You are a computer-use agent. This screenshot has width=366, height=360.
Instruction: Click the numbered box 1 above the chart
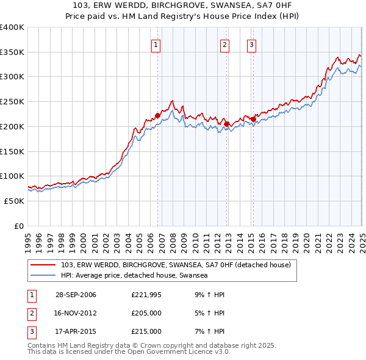coord(156,44)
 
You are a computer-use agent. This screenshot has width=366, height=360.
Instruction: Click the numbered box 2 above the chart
coord(224,44)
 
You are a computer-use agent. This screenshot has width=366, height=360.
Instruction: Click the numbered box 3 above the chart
coord(251,44)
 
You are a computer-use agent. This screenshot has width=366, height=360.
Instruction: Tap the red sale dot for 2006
coord(157,115)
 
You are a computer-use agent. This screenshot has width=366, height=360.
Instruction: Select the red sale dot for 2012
coord(227,124)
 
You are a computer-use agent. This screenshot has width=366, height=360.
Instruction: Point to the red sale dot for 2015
coord(254,119)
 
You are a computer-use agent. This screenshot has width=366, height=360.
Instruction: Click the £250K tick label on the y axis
coord(12,101)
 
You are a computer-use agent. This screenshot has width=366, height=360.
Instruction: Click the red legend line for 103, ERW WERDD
coord(43,265)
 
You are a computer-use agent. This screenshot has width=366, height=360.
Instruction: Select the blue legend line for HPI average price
coord(43,276)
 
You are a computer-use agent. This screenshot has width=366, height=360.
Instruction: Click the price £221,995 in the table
coord(146,295)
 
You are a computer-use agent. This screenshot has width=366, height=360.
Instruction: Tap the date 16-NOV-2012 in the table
coord(76,314)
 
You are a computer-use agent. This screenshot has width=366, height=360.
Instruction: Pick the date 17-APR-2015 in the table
coord(76,331)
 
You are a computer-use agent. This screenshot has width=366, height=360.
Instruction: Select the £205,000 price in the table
coord(146,314)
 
